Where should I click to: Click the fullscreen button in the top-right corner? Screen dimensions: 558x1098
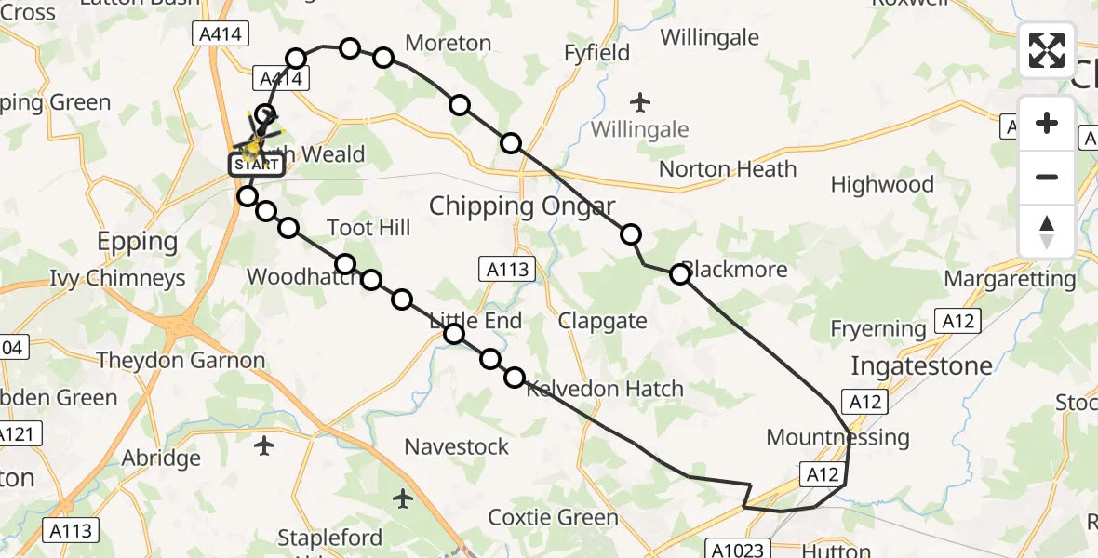click(x=1047, y=50)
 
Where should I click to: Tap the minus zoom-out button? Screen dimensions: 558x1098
click(x=1047, y=177)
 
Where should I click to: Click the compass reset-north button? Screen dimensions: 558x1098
click(x=1047, y=231)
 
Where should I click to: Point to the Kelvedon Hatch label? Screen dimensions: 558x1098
click(x=605, y=389)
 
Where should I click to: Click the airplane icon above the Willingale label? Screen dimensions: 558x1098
click(x=640, y=100)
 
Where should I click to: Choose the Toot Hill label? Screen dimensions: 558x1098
click(x=368, y=228)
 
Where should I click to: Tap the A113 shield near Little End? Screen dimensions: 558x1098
click(x=509, y=270)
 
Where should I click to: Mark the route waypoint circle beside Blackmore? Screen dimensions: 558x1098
click(x=680, y=273)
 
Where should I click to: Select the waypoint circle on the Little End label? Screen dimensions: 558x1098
click(x=454, y=334)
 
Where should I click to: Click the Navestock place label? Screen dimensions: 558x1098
click(x=456, y=446)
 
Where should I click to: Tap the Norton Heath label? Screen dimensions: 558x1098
click(x=728, y=169)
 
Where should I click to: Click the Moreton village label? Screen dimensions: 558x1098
click(x=449, y=43)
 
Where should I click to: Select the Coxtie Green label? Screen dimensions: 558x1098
click(x=553, y=517)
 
